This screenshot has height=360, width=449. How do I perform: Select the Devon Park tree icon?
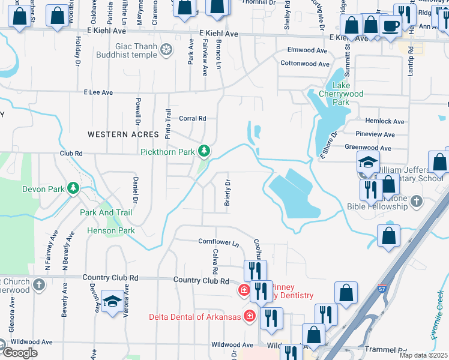[x=73, y=188]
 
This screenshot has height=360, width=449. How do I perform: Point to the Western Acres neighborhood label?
[x=123, y=134]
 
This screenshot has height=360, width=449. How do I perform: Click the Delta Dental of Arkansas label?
[x=199, y=316]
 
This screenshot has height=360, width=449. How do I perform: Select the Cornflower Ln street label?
[x=218, y=242]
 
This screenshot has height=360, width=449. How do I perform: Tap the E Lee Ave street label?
[x=98, y=92]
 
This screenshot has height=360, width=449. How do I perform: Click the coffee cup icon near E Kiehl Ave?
[x=391, y=26]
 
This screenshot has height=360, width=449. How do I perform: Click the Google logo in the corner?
[x=19, y=353]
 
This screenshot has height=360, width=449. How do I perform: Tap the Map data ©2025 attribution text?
[x=424, y=355]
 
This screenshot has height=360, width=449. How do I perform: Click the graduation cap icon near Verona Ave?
[x=112, y=301]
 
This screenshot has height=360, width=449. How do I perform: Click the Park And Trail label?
[x=106, y=212]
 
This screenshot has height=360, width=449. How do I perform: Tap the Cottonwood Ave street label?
[x=305, y=64]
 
